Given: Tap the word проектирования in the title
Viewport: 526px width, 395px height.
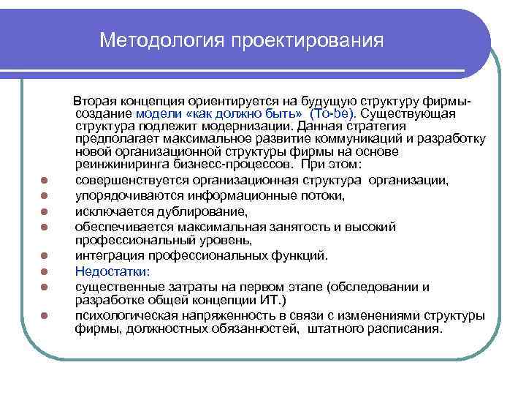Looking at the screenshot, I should click(x=308, y=39).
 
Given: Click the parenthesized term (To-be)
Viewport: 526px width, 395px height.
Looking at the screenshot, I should click(x=332, y=114).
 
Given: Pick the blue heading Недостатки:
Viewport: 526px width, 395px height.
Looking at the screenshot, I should click(x=112, y=271).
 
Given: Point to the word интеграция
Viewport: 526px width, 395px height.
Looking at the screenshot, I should click(x=107, y=255).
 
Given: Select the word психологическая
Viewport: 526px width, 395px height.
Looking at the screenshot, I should click(x=123, y=315).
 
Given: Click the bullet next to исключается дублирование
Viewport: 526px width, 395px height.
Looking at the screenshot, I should click(x=45, y=213).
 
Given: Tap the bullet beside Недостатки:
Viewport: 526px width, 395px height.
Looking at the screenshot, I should click(x=45, y=271).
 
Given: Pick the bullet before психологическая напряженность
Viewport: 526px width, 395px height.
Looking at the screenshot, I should click(x=45, y=316).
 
